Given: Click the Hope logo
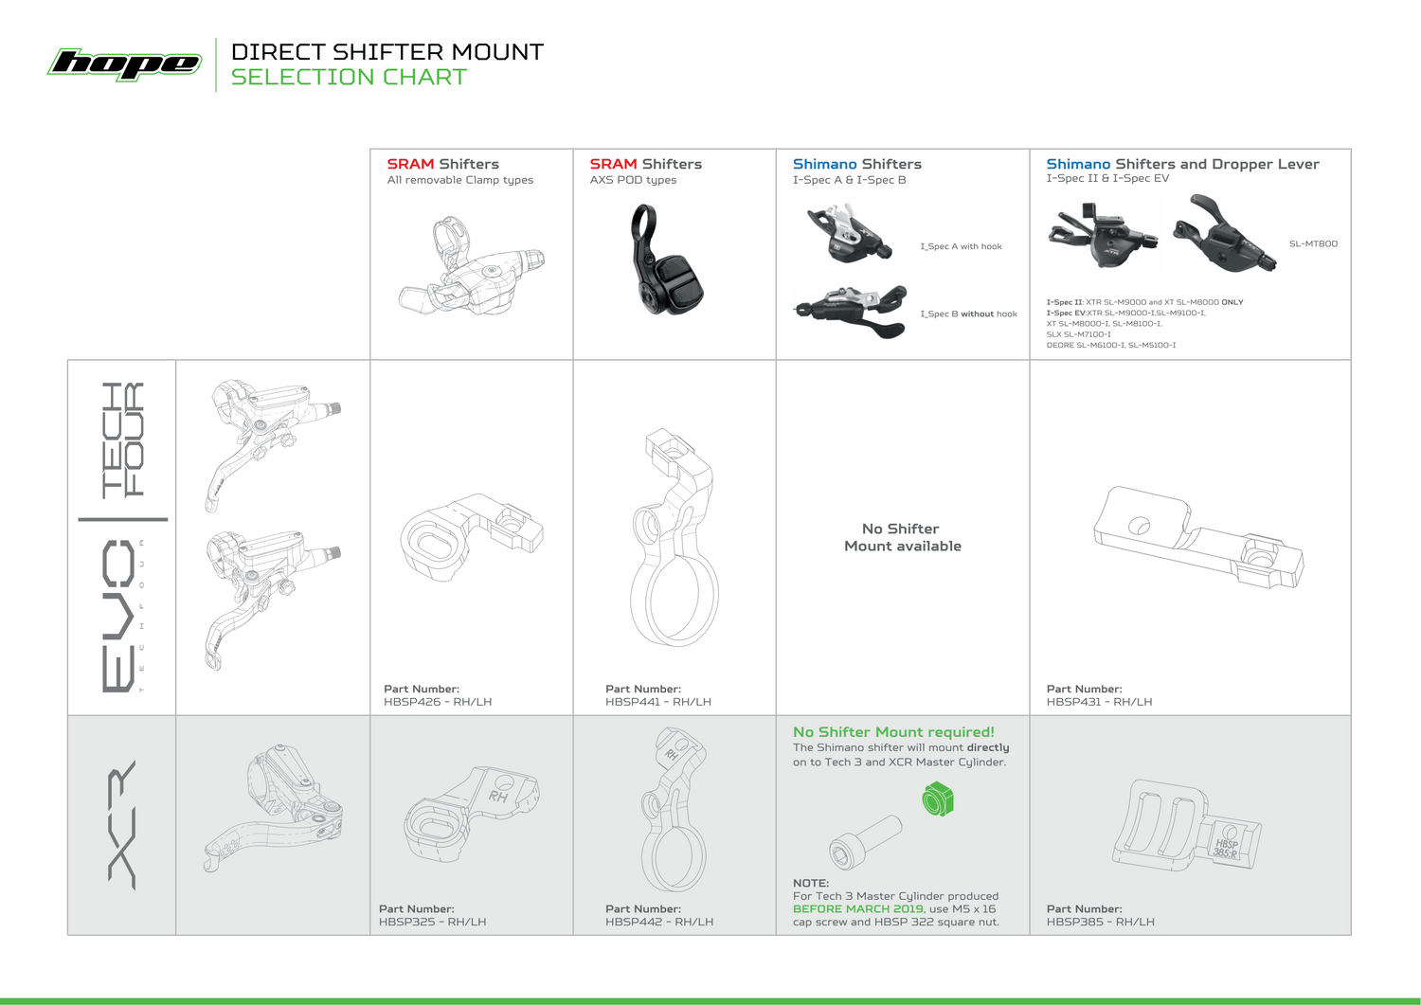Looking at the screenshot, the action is (125, 64).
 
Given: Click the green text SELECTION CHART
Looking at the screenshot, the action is (349, 77).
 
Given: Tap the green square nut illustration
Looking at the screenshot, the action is (938, 799).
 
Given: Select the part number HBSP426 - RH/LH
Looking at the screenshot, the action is (438, 702).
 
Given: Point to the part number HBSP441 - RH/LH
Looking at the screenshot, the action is (658, 702).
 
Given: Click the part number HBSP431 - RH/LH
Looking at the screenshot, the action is (1099, 702).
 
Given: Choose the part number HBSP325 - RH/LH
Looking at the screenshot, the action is (433, 922).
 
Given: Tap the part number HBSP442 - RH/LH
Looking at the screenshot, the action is (659, 922).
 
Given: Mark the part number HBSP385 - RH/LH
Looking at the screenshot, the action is (1101, 922).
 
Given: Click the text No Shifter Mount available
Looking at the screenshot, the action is (902, 537).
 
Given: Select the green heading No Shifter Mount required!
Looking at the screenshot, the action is (894, 732).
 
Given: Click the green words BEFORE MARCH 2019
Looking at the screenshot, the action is (858, 909).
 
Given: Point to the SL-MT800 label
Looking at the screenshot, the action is (1313, 243).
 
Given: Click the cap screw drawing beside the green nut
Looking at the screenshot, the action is (865, 842).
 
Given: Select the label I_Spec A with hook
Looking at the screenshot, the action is (962, 246).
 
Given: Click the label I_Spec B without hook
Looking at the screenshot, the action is (969, 314).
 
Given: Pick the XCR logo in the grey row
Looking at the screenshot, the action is (122, 825).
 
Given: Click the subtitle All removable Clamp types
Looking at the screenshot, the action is (459, 180).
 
